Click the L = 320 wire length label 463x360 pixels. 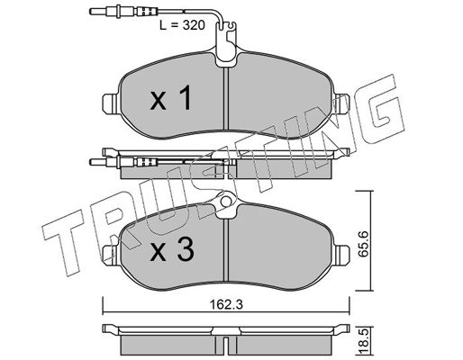pos(182,25)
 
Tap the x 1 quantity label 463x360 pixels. pos(170,98)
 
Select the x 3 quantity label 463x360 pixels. pos(172,250)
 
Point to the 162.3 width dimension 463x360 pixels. pos(226,305)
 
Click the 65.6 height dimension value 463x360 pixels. pos(364,244)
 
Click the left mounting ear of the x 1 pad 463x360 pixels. pos(111,103)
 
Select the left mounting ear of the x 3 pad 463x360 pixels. pos(111,255)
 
